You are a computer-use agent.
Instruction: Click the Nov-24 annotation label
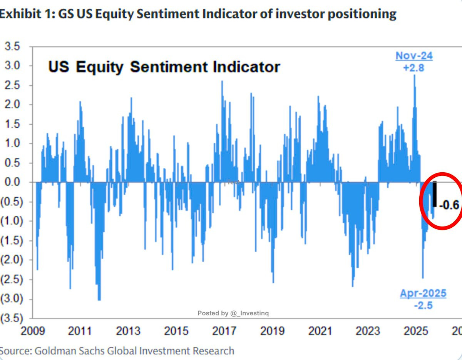point(414,56)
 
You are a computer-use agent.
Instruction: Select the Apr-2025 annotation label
point(423,293)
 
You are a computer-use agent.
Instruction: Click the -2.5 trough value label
point(423,306)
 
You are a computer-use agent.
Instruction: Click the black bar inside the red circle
point(435,194)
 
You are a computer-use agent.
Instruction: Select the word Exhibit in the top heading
point(18,14)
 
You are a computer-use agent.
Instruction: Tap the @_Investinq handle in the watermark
point(249,313)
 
